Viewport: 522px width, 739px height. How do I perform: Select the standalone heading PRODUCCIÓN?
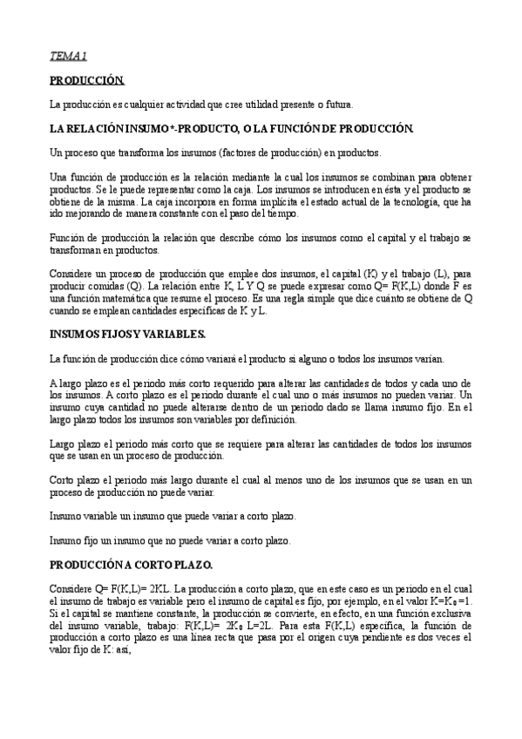[x=87, y=80]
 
